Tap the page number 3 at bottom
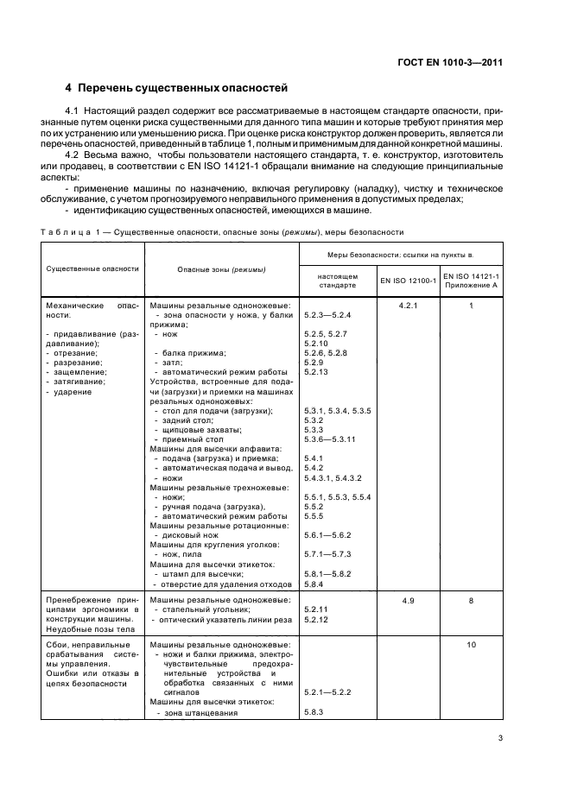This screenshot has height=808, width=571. coord(500,737)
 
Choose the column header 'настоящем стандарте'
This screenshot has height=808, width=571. coord(336,281)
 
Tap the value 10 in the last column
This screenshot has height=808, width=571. coord(472,645)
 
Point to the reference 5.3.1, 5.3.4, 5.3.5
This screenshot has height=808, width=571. coord(337,411)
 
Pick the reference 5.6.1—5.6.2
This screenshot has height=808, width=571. coord(329,535)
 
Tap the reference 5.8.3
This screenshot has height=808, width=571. coord(313,712)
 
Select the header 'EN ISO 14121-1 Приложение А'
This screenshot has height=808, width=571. coord(472,281)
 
